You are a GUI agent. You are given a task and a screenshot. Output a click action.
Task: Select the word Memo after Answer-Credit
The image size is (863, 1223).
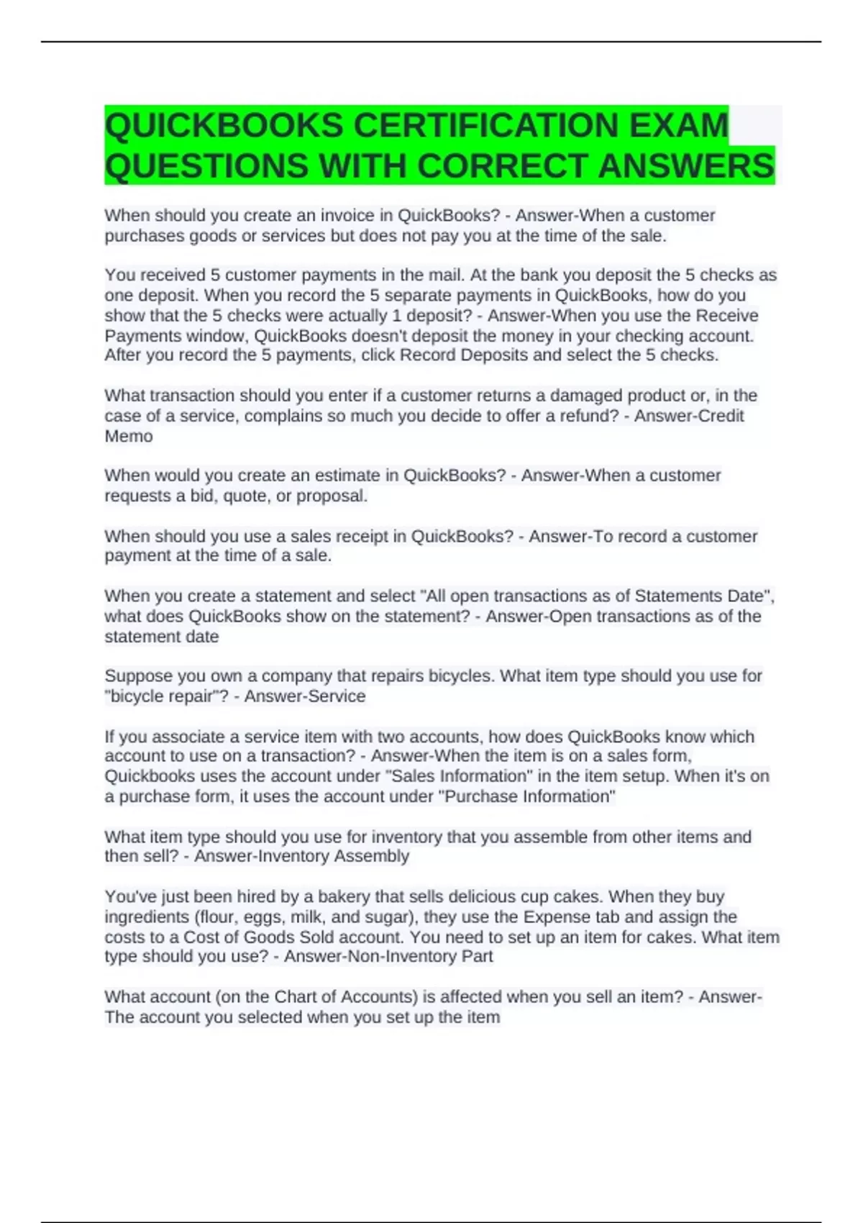click(129, 437)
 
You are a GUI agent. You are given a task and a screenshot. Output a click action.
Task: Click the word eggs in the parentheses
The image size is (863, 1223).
click(265, 917)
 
